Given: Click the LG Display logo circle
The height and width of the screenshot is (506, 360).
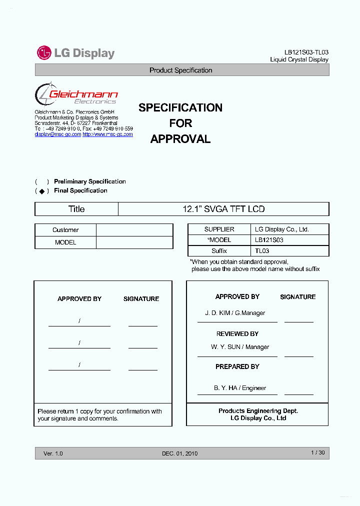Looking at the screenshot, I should point(44,52).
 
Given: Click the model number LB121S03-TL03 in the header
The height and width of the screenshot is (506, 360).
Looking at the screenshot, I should point(306,52).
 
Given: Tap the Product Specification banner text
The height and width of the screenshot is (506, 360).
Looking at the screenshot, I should point(181,70).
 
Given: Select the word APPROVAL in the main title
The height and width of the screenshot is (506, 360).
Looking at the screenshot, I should point(180,139).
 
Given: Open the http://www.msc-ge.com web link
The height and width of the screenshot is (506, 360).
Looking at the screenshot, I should point(107,134).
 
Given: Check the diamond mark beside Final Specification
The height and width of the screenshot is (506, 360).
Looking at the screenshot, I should point(42,191).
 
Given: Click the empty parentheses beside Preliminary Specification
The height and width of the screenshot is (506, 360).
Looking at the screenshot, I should point(42,182).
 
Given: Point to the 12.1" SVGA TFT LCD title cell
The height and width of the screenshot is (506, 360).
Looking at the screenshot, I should point(223,209).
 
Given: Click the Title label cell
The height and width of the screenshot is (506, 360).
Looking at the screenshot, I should point(76,209).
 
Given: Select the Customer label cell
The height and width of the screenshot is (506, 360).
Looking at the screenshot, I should point(65,230).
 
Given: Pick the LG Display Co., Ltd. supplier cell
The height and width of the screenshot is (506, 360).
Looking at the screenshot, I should point(281,229).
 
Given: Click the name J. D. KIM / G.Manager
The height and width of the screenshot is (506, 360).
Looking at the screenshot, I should point(235,313).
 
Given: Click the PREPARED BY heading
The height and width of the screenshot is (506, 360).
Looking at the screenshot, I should point(237,367).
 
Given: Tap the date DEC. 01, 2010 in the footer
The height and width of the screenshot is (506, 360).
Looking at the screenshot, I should point(179,453).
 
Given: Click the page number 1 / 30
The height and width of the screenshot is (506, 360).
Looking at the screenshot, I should point(317,453).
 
